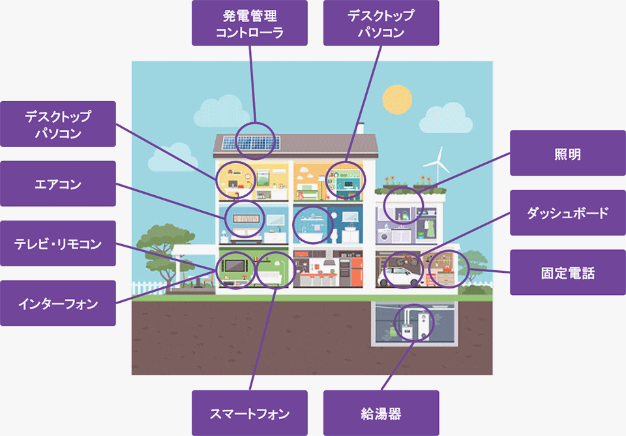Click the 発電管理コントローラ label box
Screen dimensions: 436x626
(250, 23)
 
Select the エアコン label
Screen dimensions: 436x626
(58, 184)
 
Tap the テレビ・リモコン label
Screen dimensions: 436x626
(58, 243)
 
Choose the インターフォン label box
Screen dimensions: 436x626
(58, 303)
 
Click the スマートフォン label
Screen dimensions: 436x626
(250, 413)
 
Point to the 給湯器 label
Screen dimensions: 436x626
(381, 413)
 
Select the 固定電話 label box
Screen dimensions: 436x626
(567, 272)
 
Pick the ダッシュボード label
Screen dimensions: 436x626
(567, 213)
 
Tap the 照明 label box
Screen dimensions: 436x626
(567, 153)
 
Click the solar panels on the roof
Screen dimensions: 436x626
(251, 142)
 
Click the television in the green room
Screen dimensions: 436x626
(233, 266)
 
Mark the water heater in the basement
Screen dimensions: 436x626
(423, 324)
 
